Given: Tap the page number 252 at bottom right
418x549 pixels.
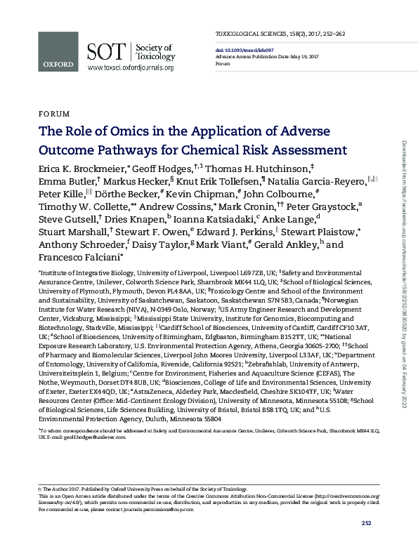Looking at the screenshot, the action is [x=366, y=523].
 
